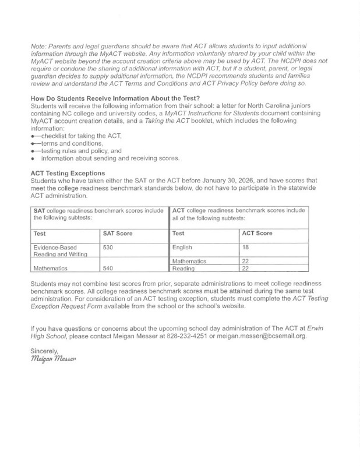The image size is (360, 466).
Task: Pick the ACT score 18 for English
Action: [245, 248]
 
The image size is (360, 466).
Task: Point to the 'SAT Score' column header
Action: [118, 233]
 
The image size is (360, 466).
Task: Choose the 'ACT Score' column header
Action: [257, 233]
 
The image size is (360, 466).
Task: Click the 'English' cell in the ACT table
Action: [182, 248]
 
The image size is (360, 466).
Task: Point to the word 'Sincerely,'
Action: [44, 351]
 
